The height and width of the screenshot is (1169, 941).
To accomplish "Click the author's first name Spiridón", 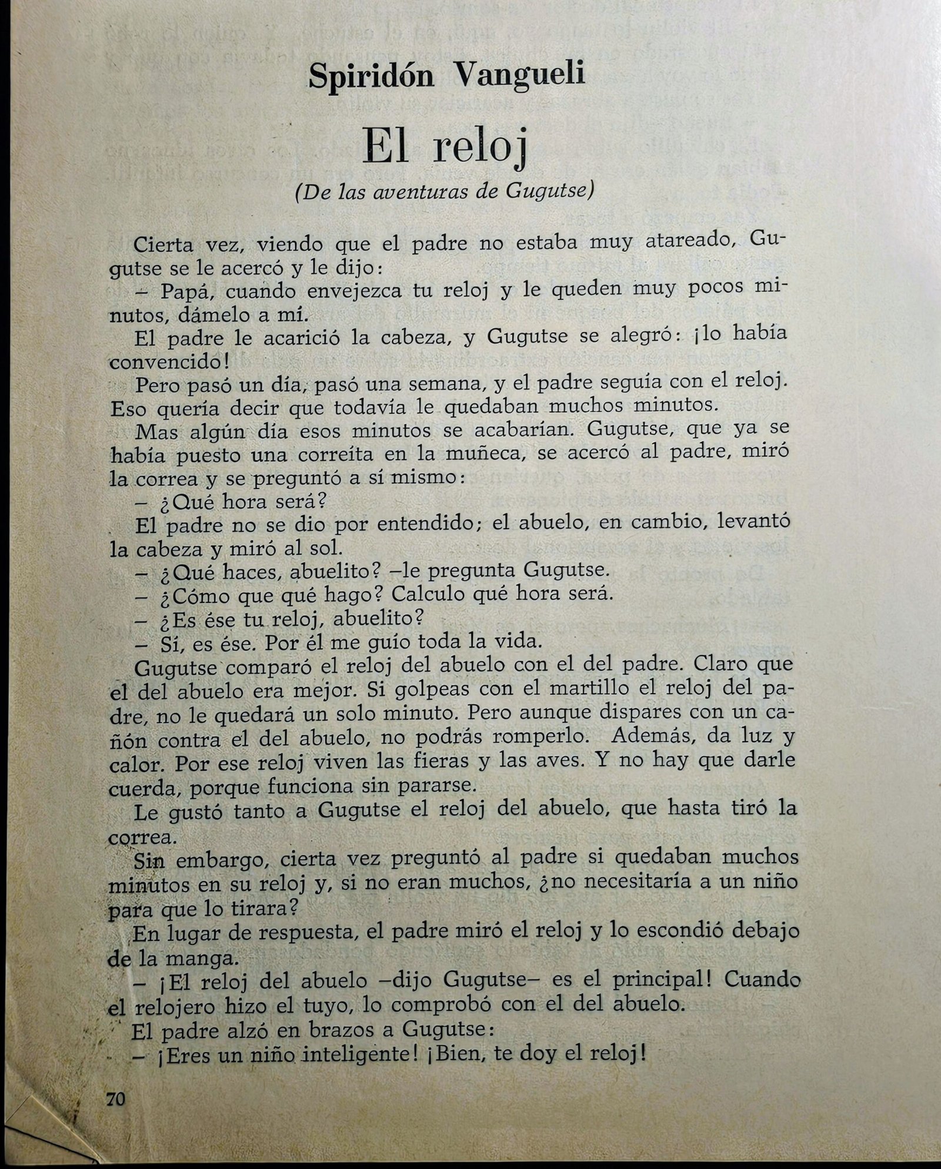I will (371, 76).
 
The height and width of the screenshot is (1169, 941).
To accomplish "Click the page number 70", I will (116, 1099).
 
